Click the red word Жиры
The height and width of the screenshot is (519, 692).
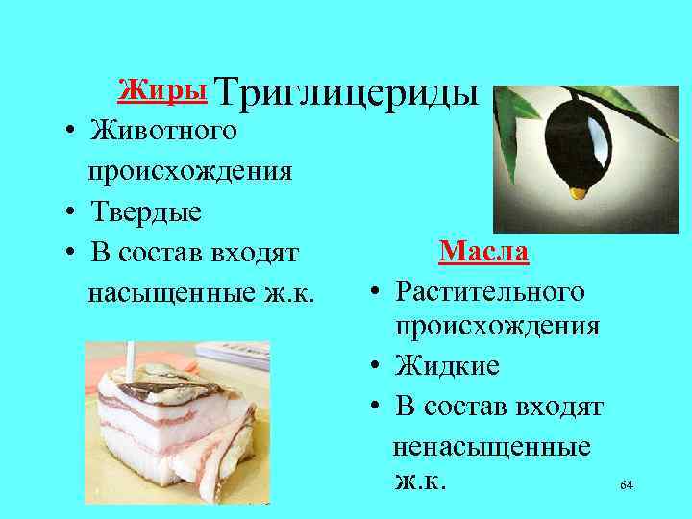[x=161, y=90]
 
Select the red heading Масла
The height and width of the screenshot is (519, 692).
[x=483, y=253]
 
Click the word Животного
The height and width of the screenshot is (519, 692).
[x=160, y=129]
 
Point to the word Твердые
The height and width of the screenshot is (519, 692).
[x=144, y=211]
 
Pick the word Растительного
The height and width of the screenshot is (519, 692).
[x=490, y=288]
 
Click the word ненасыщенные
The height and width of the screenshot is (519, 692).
[x=493, y=447]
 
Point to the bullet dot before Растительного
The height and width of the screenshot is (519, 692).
[x=380, y=290]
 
